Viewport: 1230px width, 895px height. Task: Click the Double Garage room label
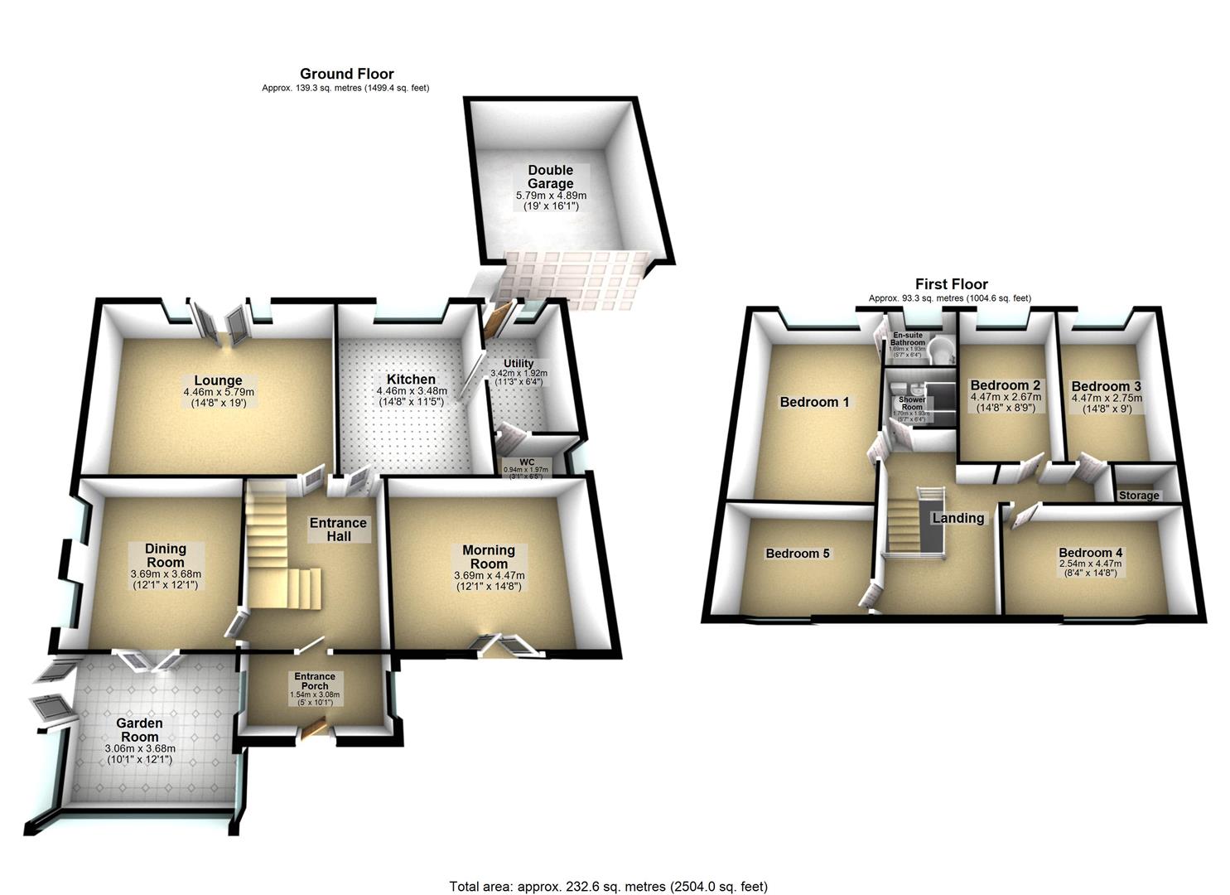coord(551,177)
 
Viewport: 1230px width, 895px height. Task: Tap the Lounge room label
coord(219,381)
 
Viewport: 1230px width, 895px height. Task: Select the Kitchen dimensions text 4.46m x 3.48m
coord(412,391)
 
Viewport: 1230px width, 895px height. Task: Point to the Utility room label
coord(519,363)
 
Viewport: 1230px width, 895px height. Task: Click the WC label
coord(527,462)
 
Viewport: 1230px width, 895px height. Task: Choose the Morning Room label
coord(489,556)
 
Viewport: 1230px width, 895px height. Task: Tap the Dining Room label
coord(166,554)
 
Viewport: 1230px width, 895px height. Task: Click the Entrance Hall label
coord(338,529)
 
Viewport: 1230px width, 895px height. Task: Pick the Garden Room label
coord(140,729)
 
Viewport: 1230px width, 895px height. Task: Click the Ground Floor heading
coord(346,74)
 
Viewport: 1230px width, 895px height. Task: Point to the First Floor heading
coord(951,284)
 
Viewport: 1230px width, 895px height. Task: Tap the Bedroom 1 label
coord(814,402)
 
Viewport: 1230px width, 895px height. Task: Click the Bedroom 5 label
coord(797,554)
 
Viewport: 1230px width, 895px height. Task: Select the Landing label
coord(958,518)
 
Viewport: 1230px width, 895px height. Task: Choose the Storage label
coord(1139,496)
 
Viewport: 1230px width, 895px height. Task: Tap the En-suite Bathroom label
coord(908,339)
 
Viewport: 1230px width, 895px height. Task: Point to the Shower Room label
coord(912,403)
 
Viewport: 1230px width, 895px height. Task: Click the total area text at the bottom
coord(609,887)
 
